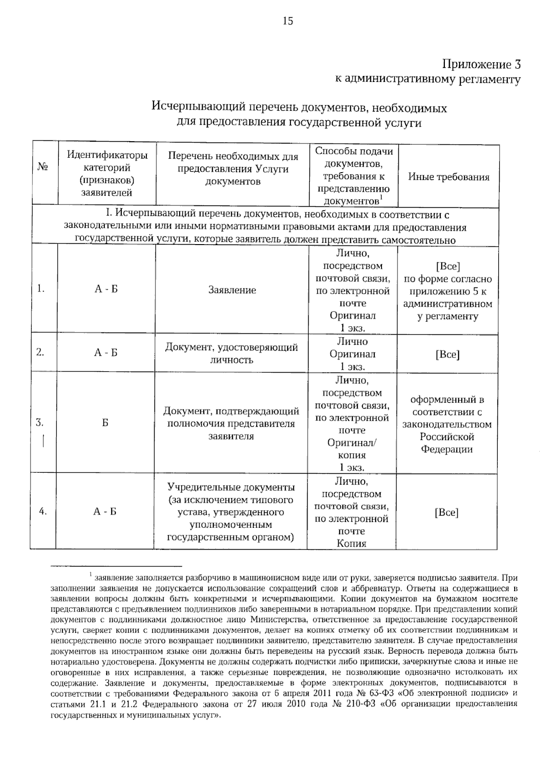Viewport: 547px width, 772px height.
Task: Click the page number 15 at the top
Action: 288,21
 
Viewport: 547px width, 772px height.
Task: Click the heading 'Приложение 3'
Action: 481,64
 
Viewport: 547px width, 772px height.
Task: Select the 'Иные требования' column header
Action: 449,177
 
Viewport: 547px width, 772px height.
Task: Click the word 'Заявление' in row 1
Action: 232,290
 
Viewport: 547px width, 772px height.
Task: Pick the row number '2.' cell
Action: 40,352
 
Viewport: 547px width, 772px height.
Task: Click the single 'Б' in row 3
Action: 105,423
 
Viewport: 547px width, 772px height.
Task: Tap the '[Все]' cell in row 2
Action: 447,354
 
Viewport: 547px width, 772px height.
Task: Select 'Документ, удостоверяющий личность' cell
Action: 232,353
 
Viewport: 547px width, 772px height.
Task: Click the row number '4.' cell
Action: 43,511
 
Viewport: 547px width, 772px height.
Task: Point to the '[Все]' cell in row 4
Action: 446,512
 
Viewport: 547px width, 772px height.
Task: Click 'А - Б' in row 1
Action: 106,289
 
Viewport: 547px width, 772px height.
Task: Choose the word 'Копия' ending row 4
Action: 351,543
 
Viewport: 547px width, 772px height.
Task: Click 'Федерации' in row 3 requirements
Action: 446,449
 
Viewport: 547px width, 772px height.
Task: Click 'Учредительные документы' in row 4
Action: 231,487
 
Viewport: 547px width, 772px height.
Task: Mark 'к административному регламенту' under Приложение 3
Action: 428,79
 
